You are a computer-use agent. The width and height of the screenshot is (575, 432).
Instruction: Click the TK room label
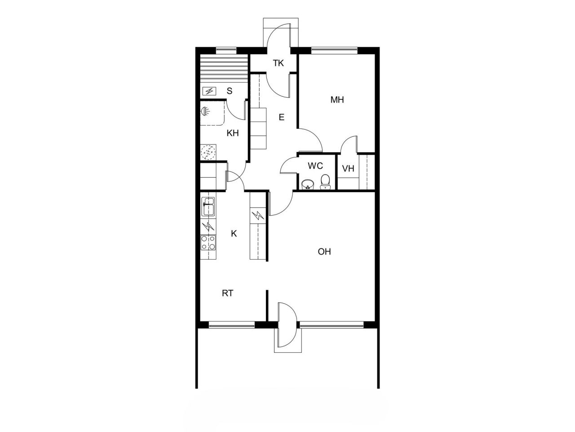(279, 63)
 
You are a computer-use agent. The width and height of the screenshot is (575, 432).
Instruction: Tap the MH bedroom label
(337, 100)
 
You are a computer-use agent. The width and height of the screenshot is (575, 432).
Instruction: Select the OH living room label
(324, 252)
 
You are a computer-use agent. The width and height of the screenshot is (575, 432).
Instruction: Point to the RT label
(228, 293)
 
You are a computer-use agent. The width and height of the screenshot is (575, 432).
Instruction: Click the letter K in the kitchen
(234, 234)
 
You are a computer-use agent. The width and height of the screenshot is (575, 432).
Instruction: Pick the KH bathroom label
(232, 133)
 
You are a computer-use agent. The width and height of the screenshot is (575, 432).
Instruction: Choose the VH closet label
(348, 169)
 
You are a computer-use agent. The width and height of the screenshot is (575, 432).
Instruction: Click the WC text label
(315, 166)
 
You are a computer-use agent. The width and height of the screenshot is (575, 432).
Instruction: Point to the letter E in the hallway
(282, 118)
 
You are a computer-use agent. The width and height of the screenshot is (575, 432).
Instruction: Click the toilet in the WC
(325, 182)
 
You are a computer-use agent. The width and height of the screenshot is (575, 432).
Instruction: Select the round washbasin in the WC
(308, 184)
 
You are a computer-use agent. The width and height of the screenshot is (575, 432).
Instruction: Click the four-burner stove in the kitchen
(208, 243)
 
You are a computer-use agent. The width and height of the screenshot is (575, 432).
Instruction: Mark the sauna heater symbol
(209, 91)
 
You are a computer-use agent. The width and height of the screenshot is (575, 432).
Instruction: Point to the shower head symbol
(206, 110)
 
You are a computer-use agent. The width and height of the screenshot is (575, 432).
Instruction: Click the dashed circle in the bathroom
(208, 152)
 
